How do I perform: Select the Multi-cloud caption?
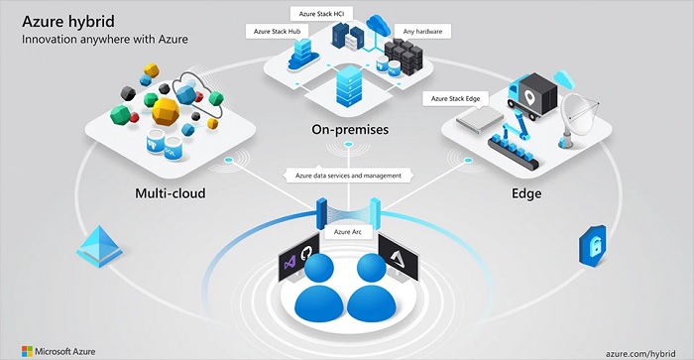click(170, 192)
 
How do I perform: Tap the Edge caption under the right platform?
click(526, 192)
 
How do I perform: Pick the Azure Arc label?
click(349, 231)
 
